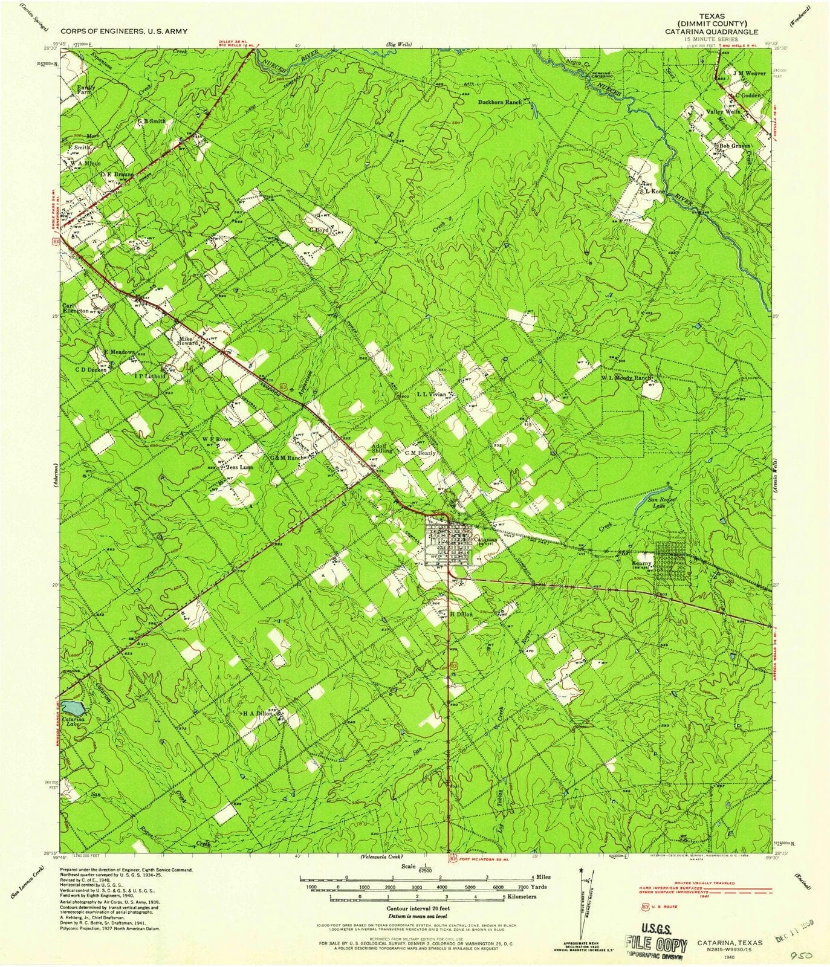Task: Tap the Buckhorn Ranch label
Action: (501, 103)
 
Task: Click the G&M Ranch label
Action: (287, 458)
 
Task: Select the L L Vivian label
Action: (432, 394)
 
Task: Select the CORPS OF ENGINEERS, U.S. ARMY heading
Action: (123, 30)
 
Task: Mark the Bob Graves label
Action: (733, 146)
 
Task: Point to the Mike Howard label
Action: (186, 342)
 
